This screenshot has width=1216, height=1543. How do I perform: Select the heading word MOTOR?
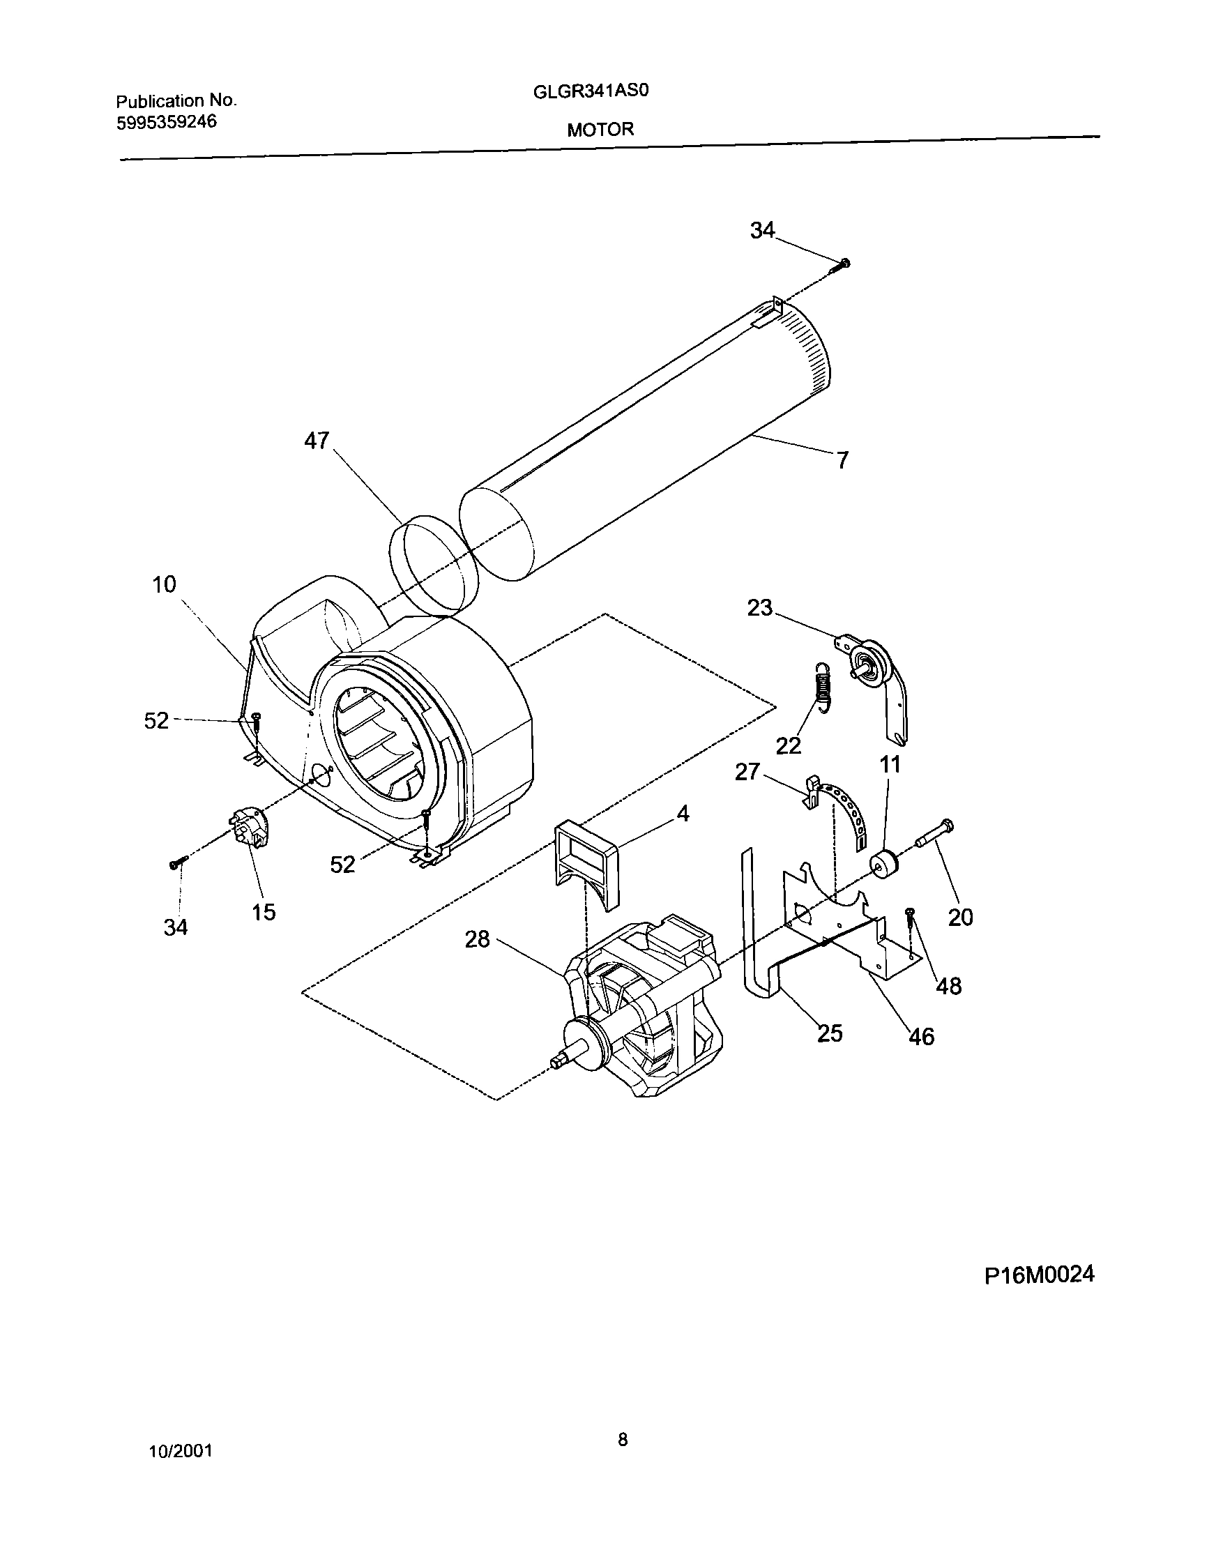coord(600,130)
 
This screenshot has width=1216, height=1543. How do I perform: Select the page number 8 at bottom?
coord(622,1441)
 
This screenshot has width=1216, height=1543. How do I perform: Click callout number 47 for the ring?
coord(316,441)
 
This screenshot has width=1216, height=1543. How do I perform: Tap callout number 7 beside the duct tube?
coord(842,462)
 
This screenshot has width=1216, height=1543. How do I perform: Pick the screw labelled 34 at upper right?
coord(842,265)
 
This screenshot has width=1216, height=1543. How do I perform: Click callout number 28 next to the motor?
coord(477,940)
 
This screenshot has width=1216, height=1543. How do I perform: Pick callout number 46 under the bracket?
coord(921,1037)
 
